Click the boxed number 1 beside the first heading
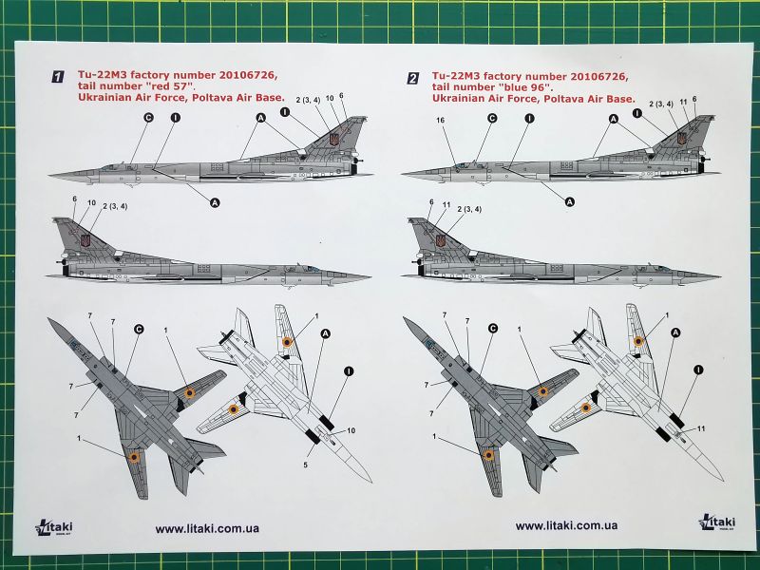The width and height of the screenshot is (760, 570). click(58, 77)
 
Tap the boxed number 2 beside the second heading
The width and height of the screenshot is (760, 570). click(412, 77)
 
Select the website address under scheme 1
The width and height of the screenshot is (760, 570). click(207, 527)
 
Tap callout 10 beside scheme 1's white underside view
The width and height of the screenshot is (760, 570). click(351, 430)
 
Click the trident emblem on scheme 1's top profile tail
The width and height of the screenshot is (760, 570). click(333, 139)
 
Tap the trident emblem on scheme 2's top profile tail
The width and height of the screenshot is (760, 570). click(681, 139)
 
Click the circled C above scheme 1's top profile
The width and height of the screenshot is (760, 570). click(148, 118)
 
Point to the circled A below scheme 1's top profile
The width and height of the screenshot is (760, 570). click(214, 200)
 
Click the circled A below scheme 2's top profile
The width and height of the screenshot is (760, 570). click(570, 200)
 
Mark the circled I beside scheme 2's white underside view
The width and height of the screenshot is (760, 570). click(699, 370)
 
